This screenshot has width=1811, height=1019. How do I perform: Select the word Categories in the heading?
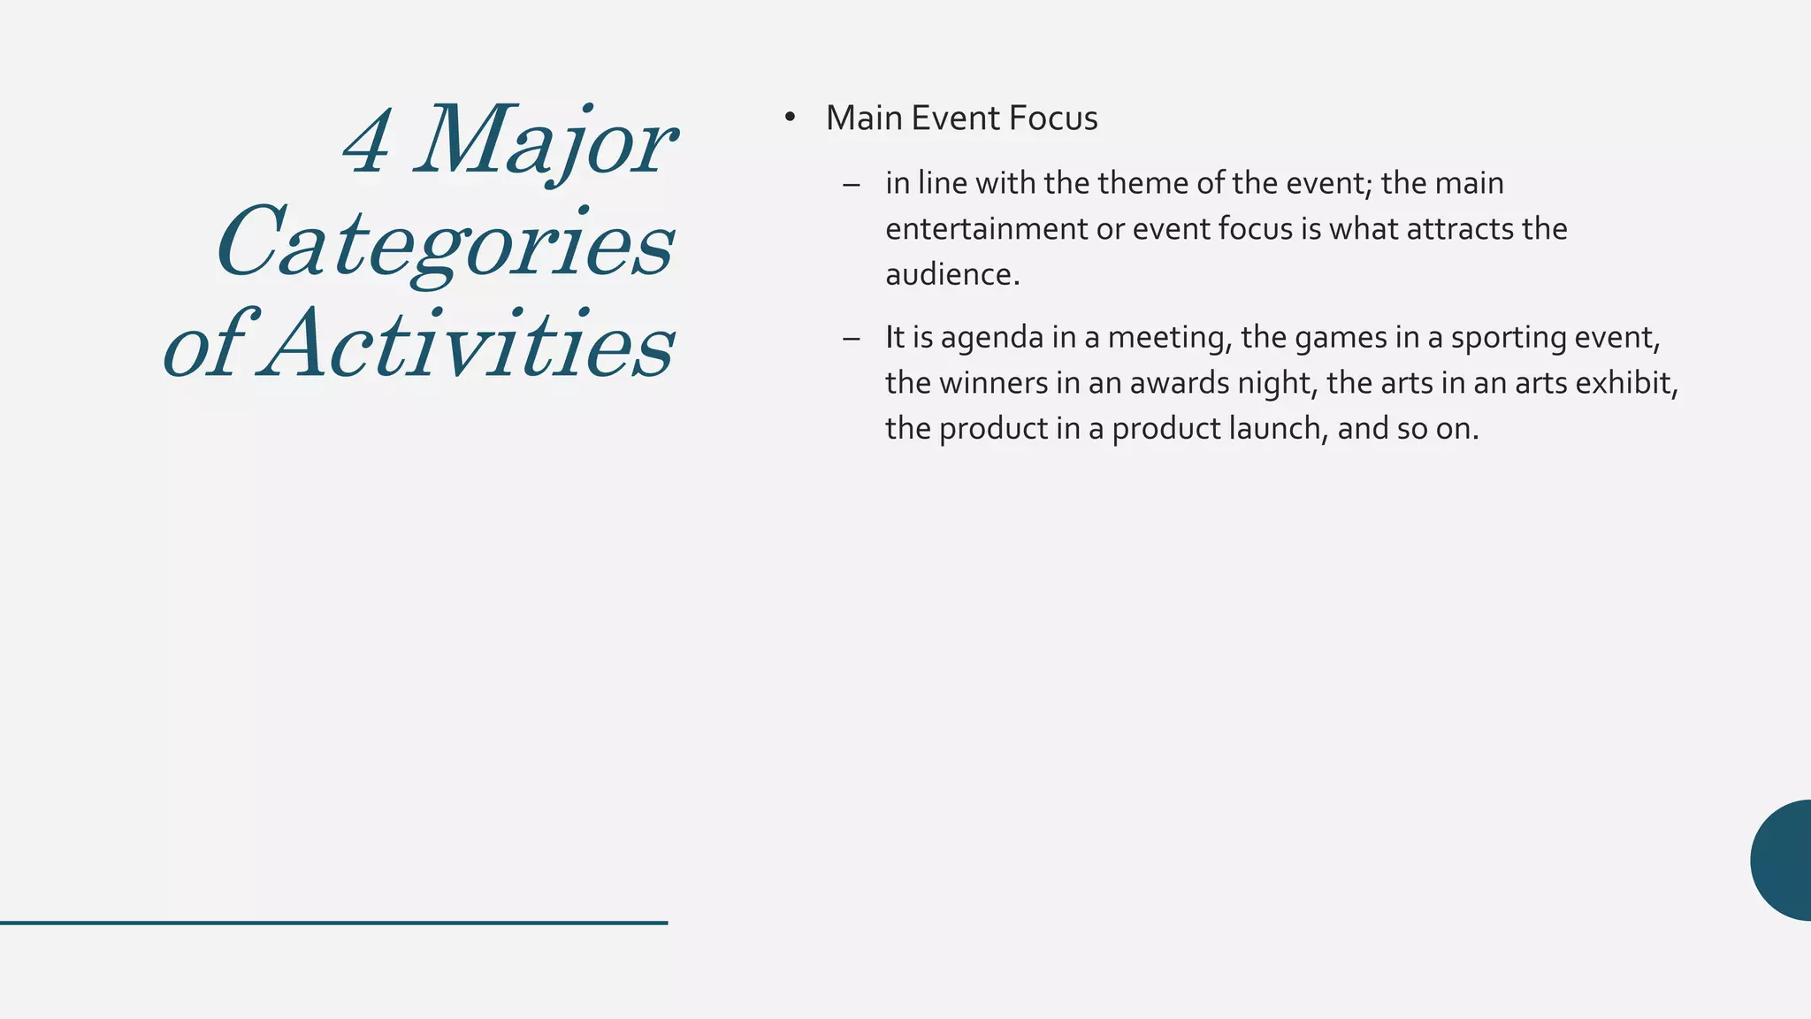446,244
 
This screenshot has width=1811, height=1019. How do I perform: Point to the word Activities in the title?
470,344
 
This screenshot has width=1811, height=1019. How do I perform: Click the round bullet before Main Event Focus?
790,119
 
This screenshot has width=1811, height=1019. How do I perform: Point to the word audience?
952,275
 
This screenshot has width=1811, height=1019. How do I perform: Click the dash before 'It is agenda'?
852,338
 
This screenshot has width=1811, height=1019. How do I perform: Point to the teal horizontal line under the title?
333,923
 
